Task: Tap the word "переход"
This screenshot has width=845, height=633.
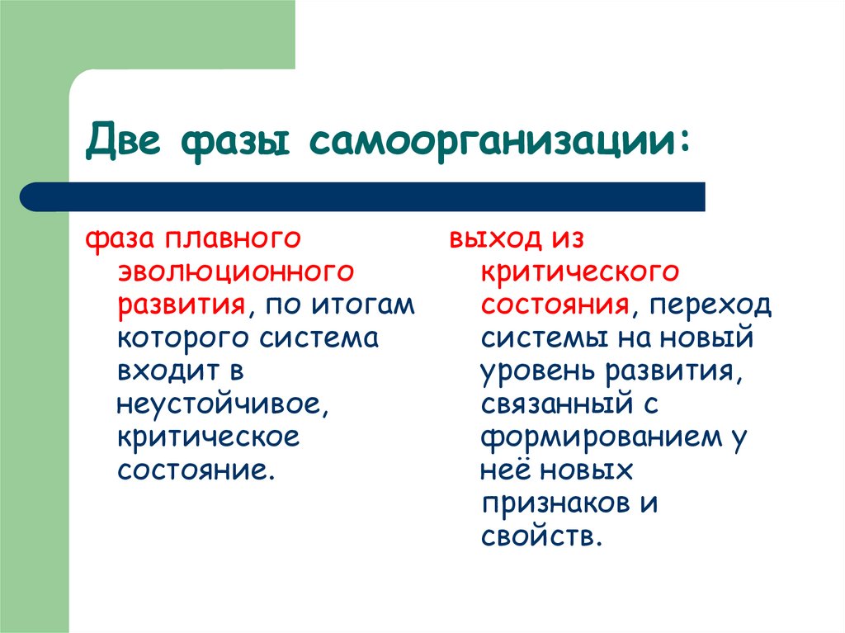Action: pyautogui.click(x=710, y=306)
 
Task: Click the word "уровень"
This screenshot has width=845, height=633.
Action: pyautogui.click(x=536, y=372)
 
